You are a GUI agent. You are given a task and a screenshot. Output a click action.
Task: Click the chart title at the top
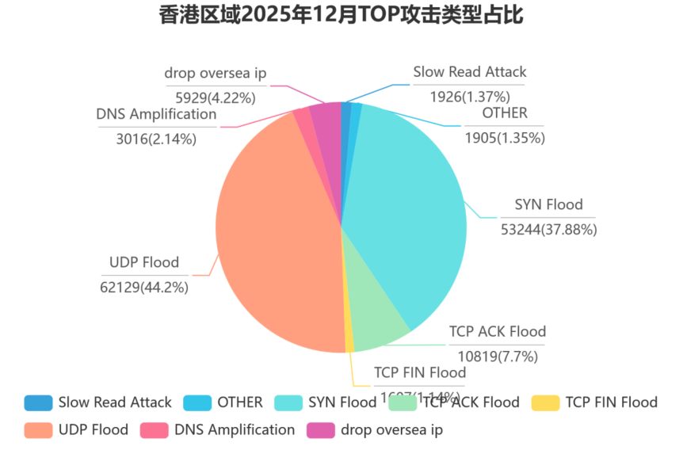[x=341, y=15]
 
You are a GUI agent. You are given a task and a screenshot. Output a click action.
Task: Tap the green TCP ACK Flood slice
[x=380, y=325]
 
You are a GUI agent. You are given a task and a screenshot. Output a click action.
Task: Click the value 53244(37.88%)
[x=548, y=230]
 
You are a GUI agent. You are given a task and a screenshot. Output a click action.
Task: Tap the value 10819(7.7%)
[x=498, y=357]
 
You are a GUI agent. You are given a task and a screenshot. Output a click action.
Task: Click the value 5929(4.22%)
[x=216, y=98]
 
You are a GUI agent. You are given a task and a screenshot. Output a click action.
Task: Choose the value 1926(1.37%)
[x=469, y=97]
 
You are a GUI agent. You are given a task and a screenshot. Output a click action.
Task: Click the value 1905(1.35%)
[x=505, y=138]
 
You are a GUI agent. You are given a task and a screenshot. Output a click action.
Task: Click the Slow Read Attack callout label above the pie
[x=470, y=72]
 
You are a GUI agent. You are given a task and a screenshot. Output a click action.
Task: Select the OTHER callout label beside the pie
[x=505, y=113]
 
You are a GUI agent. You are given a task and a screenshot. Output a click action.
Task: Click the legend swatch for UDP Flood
[x=38, y=430]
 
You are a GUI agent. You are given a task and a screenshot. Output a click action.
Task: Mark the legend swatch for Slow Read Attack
[x=38, y=402]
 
